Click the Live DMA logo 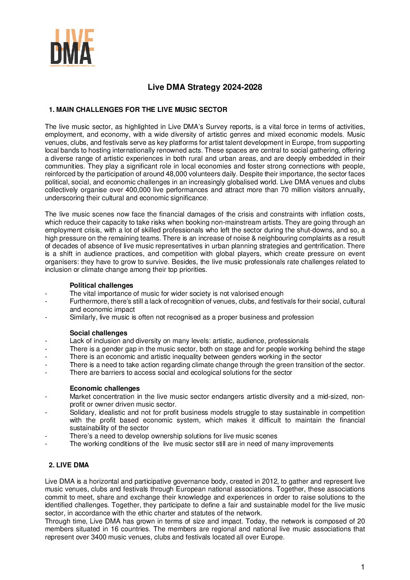(72, 47)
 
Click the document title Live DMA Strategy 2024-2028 (205, 87)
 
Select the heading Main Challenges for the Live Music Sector (138, 110)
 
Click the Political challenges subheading (101, 285)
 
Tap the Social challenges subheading (98, 333)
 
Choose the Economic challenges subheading (105, 388)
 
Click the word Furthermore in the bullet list (86, 301)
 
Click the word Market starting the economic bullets (79, 396)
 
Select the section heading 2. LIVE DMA (69, 465)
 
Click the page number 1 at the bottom (363, 567)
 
